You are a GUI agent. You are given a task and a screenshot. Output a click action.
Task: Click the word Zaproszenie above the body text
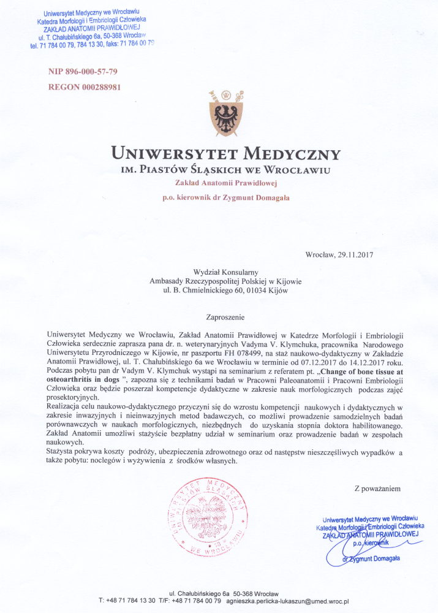[x=226, y=317]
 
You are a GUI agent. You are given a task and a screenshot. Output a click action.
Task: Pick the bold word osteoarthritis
[x=75, y=381]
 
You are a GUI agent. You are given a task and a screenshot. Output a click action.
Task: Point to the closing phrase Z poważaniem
[x=377, y=489]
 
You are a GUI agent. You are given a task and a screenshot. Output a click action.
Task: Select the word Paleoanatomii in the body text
[x=284, y=381]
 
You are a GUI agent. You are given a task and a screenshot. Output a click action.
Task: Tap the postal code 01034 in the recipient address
[x=251, y=291]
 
